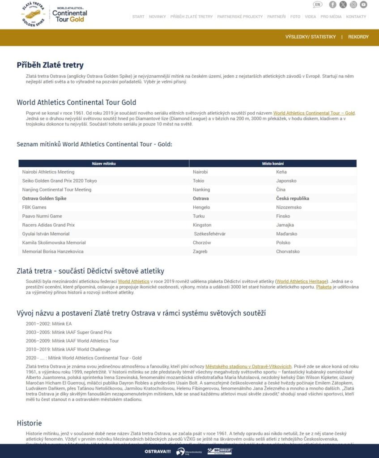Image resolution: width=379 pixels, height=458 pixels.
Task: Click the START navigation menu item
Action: tap(138, 17)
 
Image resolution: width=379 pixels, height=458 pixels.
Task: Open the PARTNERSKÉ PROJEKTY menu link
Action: tap(240, 17)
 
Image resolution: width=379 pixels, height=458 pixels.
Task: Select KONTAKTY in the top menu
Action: tap(356, 17)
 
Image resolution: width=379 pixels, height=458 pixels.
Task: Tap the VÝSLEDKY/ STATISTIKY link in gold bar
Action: tap(311, 37)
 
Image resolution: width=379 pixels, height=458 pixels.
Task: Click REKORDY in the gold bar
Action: tap(358, 37)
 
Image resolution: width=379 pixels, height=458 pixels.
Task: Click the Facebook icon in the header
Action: tap(332, 4)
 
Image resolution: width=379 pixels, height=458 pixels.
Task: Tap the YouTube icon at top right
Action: tap(363, 4)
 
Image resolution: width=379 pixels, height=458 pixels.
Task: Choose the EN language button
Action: tap(317, 4)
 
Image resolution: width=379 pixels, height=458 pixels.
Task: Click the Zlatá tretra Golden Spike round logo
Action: tap(34, 14)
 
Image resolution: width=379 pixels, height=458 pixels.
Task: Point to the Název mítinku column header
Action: tap(104, 164)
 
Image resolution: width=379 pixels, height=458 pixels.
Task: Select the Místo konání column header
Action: tap(273, 164)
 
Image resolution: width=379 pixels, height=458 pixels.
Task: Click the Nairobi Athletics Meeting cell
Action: tap(48, 172)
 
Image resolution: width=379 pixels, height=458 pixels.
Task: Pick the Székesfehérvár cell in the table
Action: tap(210, 234)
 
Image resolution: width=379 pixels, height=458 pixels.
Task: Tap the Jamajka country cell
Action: tap(285, 225)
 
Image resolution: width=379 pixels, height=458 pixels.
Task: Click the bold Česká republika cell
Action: tap(293, 198)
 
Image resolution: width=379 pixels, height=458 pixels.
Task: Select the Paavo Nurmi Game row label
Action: tap(42, 216)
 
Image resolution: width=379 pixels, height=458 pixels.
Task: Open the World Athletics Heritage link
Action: tap(302, 281)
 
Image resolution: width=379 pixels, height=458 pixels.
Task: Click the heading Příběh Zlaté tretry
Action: tap(50, 65)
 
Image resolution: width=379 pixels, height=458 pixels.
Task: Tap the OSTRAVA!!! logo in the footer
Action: tap(158, 451)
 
